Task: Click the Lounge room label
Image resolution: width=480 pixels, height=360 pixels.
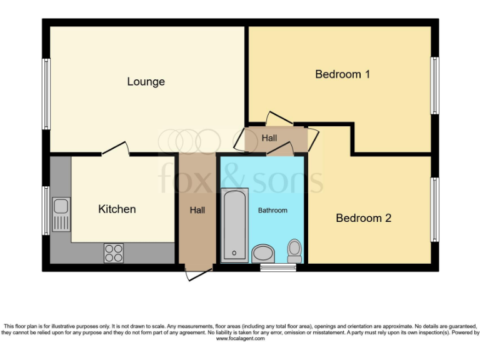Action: (146, 82)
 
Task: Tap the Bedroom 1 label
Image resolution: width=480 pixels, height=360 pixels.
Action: (342, 74)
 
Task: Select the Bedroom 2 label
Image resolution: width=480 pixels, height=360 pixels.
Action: (363, 218)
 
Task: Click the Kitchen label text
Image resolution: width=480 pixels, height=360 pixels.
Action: (117, 209)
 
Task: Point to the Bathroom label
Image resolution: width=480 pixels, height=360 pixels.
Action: (272, 211)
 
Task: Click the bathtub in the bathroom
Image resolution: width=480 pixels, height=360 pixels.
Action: (235, 224)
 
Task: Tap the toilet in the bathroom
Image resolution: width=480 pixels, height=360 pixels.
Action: (294, 251)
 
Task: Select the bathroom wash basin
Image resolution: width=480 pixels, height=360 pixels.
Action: (263, 254)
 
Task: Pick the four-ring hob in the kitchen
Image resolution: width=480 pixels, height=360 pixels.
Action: (114, 252)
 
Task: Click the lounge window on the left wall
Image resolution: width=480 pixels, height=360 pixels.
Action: (46, 94)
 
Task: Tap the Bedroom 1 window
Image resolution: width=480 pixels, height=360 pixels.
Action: (434, 86)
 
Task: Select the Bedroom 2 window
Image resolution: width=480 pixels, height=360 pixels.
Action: (434, 209)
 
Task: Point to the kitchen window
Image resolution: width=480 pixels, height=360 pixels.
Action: (46, 210)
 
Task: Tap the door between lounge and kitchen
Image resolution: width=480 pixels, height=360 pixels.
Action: (116, 150)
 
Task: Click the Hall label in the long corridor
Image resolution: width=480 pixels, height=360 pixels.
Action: (197, 211)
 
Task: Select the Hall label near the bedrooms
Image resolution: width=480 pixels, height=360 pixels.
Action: (269, 138)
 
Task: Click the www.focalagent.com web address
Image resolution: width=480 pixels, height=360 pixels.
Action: (241, 339)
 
